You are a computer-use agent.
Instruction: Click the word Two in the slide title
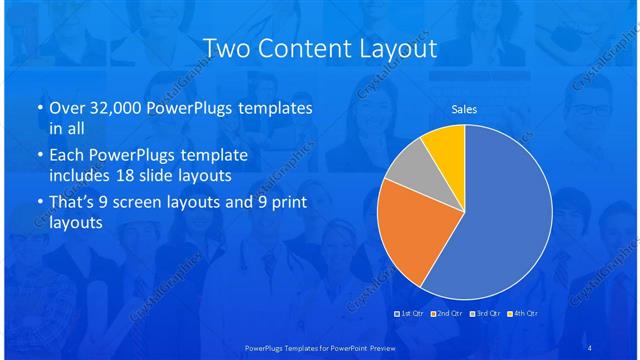pos(226,48)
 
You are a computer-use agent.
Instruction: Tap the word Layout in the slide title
pos(399,48)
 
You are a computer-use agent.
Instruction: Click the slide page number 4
pos(590,347)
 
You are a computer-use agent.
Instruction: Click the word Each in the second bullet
pos(66,156)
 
